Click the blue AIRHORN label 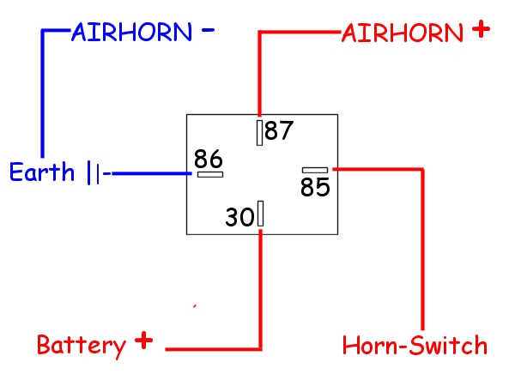coord(131,33)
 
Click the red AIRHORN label coord(403,33)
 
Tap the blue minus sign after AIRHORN coord(207,30)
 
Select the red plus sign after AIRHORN coord(481,29)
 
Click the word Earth coord(42,172)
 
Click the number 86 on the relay coord(208,159)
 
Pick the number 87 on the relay coord(279,131)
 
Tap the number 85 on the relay coord(315,187)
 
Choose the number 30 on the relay coord(239,217)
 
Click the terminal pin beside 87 coord(259,132)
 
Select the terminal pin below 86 coord(210,174)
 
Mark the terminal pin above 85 coord(315,170)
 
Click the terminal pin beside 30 coord(260,214)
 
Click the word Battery coord(81,346)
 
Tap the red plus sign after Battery coord(144,341)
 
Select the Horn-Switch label coord(415,346)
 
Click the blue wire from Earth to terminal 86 coord(151,173)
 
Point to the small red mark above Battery coord(196,305)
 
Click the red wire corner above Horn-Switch coord(422,170)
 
